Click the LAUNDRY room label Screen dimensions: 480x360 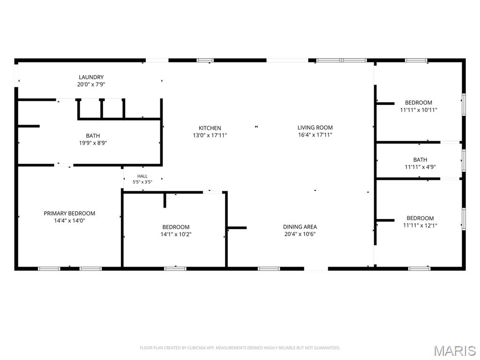tap(91, 77)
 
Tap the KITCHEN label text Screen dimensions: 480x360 tap(210, 128)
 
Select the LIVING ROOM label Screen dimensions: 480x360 tap(315, 127)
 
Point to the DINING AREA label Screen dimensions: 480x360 tap(300, 227)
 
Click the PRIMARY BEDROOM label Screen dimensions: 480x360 tap(69, 213)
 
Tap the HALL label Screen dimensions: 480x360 tap(142, 176)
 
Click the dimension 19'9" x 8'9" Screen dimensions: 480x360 tap(93, 143)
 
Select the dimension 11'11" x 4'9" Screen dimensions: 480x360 tap(420, 167)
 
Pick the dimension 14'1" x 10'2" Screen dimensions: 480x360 tap(176, 234)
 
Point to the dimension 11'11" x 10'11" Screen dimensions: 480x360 tap(419, 110)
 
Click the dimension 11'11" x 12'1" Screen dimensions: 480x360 tap(420, 225)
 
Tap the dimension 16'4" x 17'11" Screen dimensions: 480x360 tap(315, 135)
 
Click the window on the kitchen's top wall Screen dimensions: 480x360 tap(205, 60)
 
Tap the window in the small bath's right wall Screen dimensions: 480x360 tap(464, 160)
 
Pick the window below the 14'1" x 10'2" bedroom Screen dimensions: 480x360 tap(175, 269)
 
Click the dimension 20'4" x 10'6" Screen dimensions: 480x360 tap(300, 234)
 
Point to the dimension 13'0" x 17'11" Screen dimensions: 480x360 tap(210, 135)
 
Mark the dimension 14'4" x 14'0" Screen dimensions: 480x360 tap(69, 221)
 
